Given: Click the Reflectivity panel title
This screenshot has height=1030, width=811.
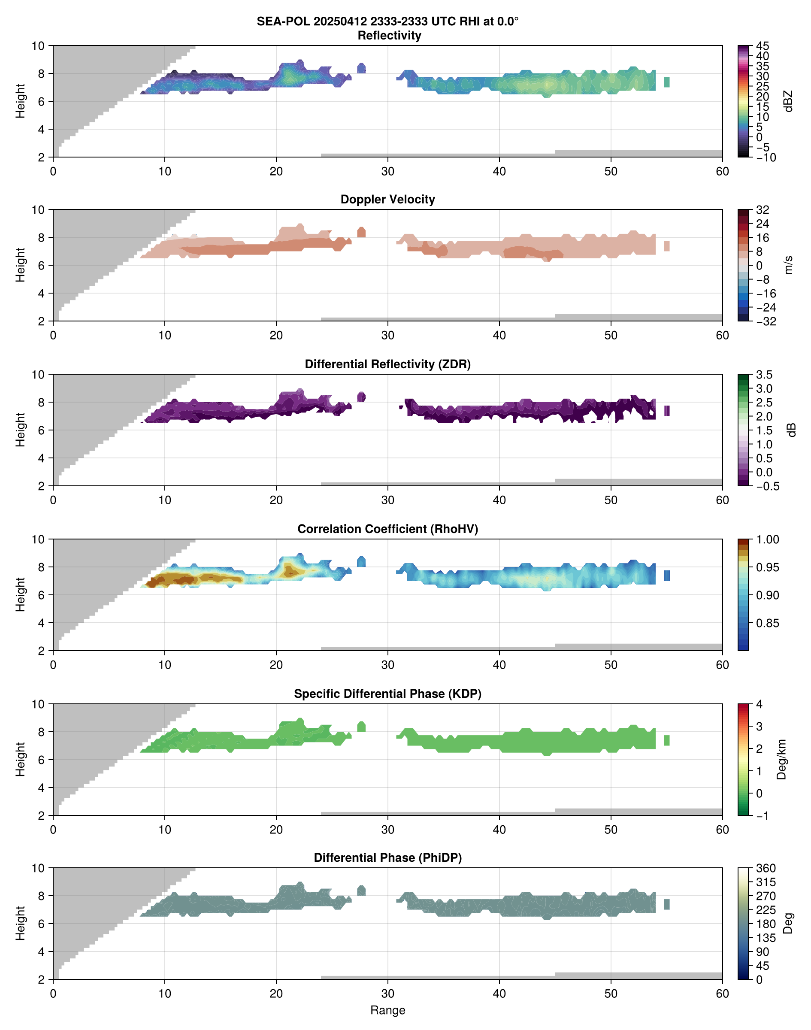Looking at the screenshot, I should pyautogui.click(x=389, y=36).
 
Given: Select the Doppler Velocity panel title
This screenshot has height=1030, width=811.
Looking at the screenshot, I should pyautogui.click(x=387, y=200).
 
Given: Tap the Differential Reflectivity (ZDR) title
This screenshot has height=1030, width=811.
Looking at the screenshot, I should pyautogui.click(x=387, y=364).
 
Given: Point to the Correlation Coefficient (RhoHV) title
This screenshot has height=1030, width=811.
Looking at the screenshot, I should pyautogui.click(x=387, y=529).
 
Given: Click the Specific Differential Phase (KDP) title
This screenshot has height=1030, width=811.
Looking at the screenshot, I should pyautogui.click(x=387, y=694).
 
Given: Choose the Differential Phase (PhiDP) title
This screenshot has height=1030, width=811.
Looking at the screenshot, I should pyautogui.click(x=387, y=857).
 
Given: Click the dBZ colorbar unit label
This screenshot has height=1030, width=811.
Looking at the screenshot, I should pyautogui.click(x=788, y=101).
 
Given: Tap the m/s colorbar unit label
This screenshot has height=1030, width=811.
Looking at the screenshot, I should pyautogui.click(x=788, y=265).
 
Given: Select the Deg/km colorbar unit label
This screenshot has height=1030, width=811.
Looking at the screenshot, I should pyautogui.click(x=781, y=759).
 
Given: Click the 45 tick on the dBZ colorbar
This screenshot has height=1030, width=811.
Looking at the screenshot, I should pyautogui.click(x=763, y=46).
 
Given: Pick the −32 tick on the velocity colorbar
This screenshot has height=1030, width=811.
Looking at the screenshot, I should pyautogui.click(x=766, y=321).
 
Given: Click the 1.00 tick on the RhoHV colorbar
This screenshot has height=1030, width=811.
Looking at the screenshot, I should pyautogui.click(x=767, y=539).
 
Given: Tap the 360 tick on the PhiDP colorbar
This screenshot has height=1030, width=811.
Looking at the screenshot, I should pyautogui.click(x=766, y=868).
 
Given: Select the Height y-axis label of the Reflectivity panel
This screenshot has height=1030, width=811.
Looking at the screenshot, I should pyautogui.click(x=20, y=101).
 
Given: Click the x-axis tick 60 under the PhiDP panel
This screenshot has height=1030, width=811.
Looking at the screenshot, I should pyautogui.click(x=722, y=994).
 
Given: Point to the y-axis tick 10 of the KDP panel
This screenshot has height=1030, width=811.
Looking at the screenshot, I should pyautogui.click(x=38, y=704).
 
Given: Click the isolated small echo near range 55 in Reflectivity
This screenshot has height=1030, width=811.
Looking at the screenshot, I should pyautogui.click(x=667, y=82).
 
